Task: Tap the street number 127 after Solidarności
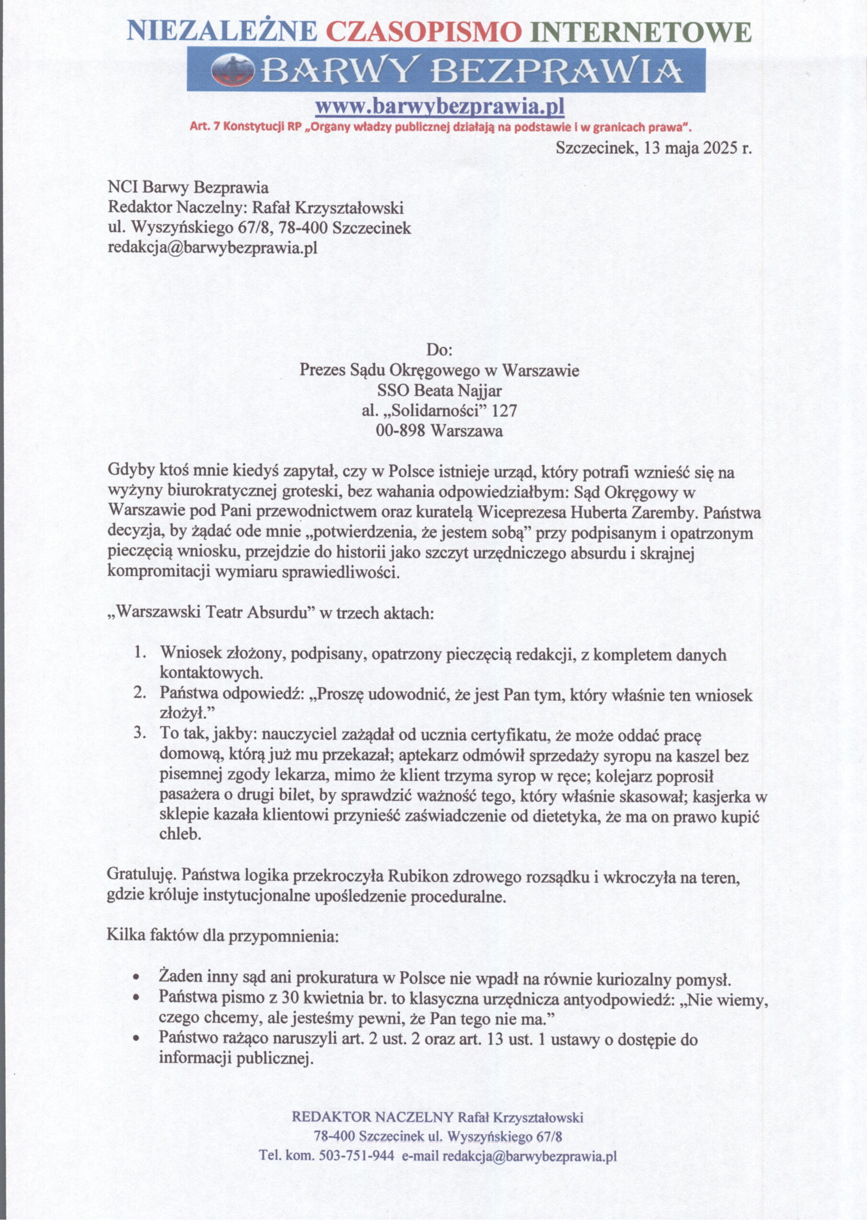(504, 410)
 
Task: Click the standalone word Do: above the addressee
(439, 350)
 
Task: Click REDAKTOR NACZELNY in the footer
(372, 1117)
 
